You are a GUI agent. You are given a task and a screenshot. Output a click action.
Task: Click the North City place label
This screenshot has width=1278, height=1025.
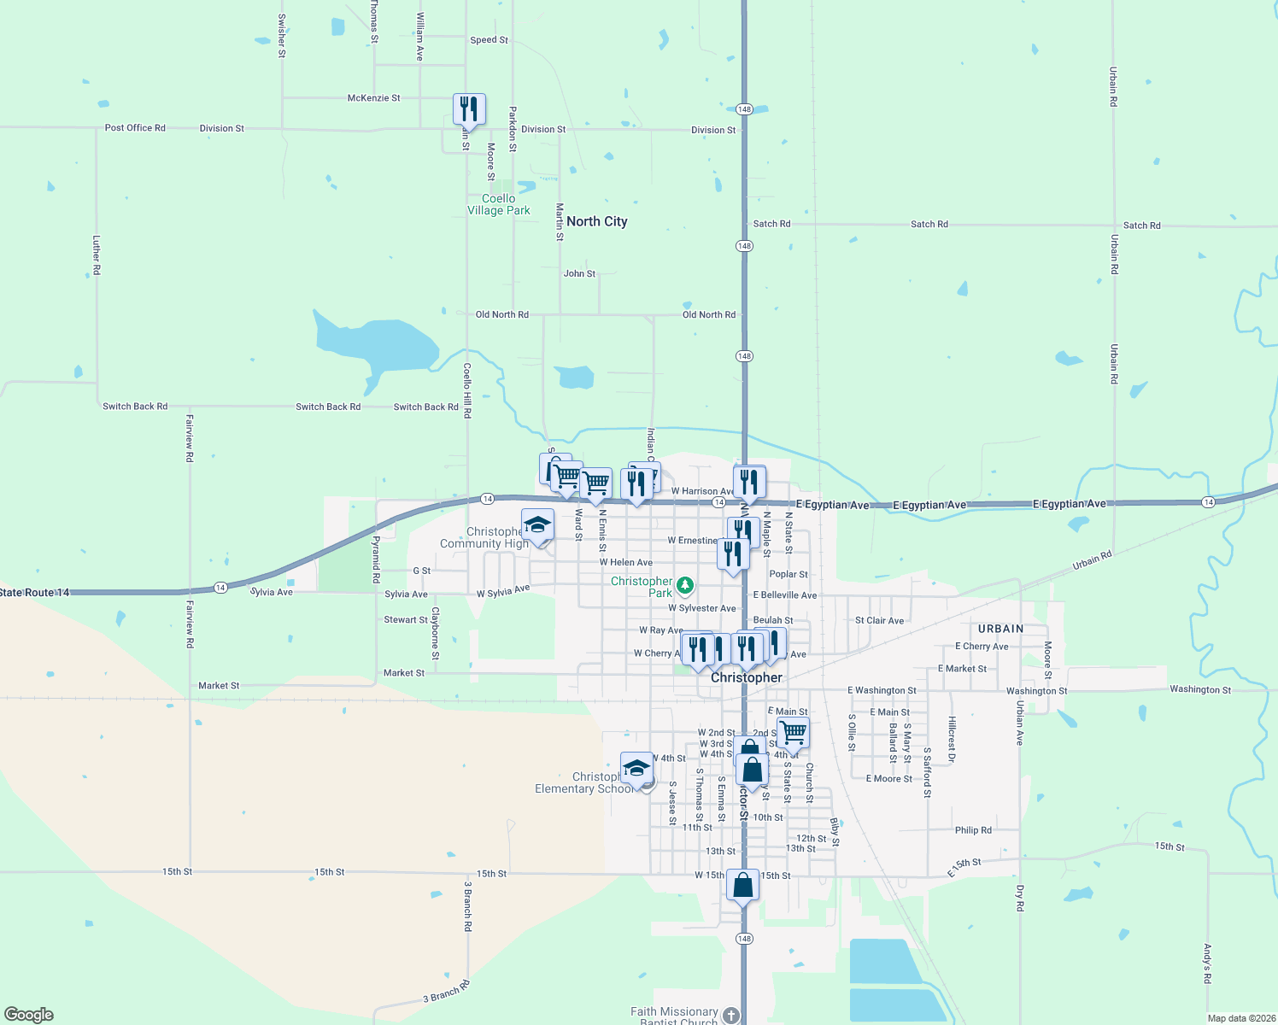(x=596, y=221)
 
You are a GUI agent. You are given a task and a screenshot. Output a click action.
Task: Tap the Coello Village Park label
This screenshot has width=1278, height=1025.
(x=499, y=204)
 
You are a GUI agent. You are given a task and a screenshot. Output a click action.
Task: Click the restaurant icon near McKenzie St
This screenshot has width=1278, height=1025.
(x=469, y=109)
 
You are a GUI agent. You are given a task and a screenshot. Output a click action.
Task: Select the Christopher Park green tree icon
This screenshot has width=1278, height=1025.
(x=684, y=585)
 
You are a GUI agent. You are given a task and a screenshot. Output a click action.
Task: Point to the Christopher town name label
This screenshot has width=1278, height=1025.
(x=747, y=677)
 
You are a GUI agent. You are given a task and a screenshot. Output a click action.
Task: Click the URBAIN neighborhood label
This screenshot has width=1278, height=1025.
(x=1000, y=629)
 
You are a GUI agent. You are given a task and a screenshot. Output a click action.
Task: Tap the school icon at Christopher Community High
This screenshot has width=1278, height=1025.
(x=537, y=525)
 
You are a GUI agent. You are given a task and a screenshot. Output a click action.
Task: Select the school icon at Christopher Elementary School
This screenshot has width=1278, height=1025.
(x=636, y=768)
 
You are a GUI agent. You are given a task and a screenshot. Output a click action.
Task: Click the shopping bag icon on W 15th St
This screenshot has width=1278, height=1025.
(x=742, y=885)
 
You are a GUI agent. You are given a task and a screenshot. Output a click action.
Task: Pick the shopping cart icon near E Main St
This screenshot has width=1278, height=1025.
(x=794, y=732)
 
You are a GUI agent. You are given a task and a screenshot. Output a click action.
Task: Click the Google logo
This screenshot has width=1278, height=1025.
(x=29, y=1015)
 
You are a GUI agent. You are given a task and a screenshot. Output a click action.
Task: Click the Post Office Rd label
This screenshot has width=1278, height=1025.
(x=135, y=128)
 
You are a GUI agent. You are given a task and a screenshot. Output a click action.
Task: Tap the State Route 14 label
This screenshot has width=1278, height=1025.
(x=34, y=593)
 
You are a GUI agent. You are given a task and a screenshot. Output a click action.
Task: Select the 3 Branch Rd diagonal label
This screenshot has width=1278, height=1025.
(x=446, y=993)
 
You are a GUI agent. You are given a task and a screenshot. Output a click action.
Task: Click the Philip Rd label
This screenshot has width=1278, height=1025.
(x=973, y=830)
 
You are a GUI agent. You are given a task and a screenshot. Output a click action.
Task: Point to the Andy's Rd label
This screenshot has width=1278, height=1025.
(x=1207, y=963)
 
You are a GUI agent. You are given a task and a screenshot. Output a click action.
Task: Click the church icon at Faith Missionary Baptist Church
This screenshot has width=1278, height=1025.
(x=730, y=1015)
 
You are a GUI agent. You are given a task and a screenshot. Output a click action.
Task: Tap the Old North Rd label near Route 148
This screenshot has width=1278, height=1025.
(x=708, y=315)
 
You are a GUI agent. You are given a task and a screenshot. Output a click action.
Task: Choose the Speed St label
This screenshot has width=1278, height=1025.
(x=489, y=40)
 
